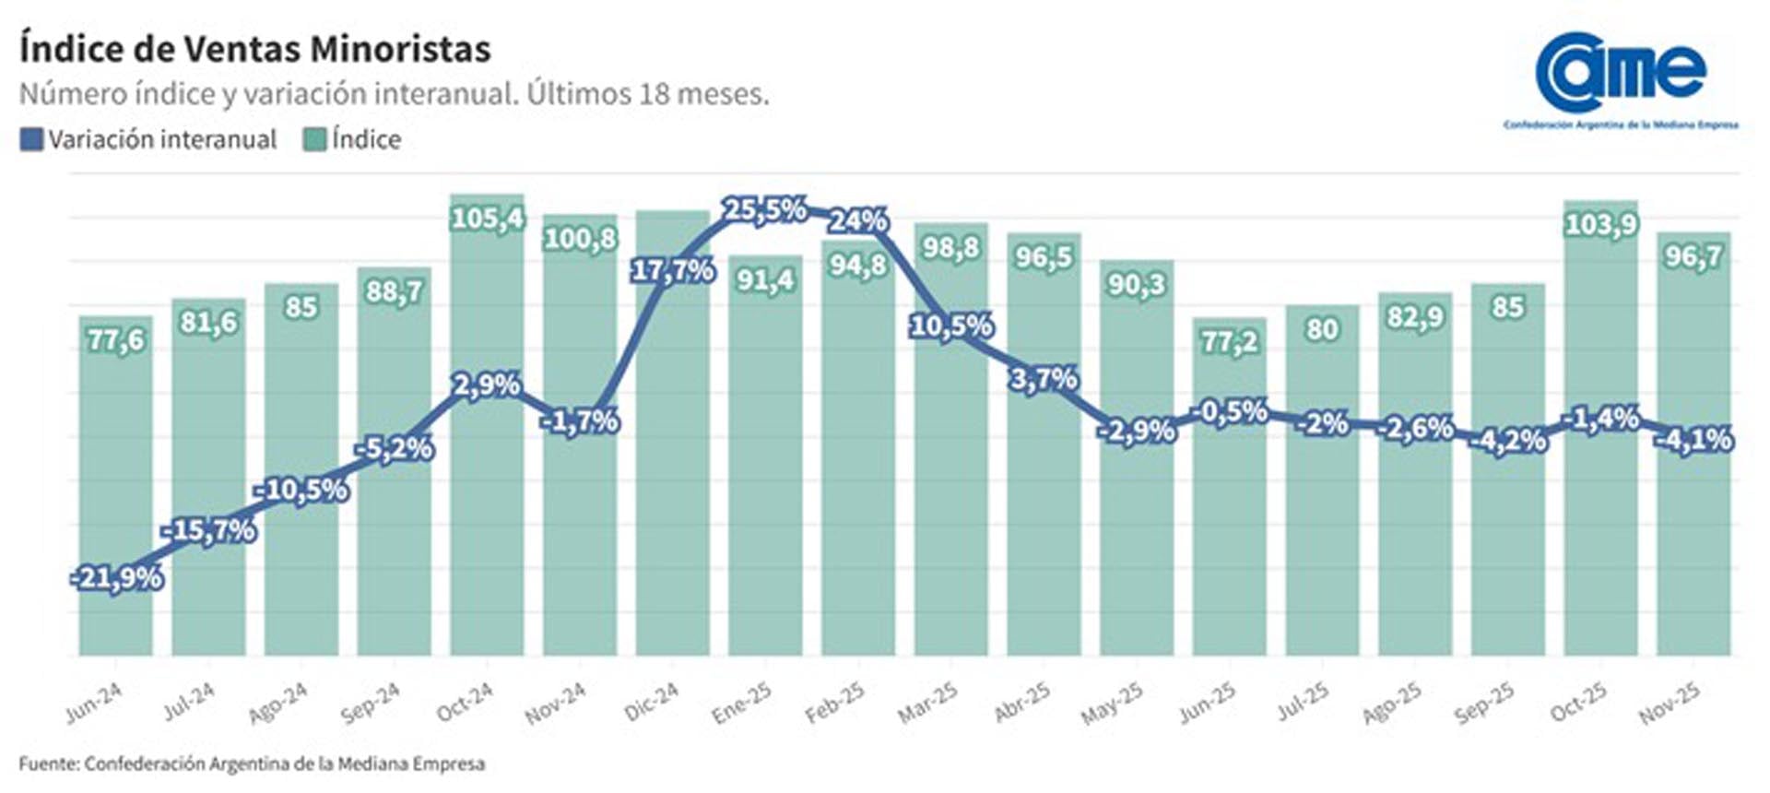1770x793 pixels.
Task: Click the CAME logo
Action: point(1621,78)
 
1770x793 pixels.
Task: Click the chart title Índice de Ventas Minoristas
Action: point(254,49)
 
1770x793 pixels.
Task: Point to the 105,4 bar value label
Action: point(487,219)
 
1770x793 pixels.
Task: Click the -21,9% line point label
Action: point(117,578)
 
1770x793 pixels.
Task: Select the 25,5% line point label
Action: point(764,210)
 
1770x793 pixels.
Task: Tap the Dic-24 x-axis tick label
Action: point(652,702)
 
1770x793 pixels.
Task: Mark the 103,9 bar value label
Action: point(1600,224)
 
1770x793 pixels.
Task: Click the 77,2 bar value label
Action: point(1229,342)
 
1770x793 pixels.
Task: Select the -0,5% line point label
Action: point(1233,411)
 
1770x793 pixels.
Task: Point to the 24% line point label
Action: point(857,221)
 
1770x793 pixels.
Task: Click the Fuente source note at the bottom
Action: point(252,763)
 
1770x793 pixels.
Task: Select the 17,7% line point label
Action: point(672,270)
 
